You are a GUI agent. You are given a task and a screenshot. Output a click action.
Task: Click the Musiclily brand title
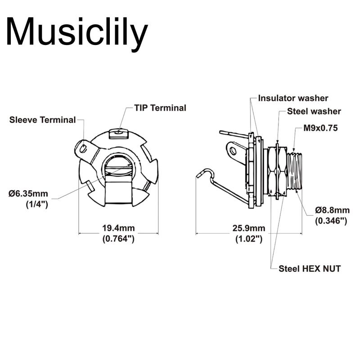77,31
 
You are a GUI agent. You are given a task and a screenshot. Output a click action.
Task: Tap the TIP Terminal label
160,108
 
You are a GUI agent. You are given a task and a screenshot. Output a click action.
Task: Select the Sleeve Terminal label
42,120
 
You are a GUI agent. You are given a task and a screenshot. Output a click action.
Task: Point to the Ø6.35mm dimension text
28,193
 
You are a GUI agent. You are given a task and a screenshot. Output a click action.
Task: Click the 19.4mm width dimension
118,228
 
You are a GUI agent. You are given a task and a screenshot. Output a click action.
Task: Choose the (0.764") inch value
118,239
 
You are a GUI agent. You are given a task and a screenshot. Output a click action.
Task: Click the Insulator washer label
293,98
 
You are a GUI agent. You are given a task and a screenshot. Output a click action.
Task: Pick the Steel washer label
314,111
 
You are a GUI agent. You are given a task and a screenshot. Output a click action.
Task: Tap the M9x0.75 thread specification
320,128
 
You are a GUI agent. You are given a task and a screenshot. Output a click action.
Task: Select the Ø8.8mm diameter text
332,210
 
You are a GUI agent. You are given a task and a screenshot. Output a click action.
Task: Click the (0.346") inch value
331,220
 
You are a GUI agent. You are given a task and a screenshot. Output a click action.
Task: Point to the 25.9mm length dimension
249,228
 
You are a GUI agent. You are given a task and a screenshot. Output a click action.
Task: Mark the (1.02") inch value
249,239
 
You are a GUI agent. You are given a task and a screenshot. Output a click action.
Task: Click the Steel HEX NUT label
310,269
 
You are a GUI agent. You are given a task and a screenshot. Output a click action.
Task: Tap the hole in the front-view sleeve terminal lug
83,149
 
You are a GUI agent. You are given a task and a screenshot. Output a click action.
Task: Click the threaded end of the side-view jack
294,171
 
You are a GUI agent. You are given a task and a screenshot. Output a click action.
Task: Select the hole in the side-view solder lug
233,151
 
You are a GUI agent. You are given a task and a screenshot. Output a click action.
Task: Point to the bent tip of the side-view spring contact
199,175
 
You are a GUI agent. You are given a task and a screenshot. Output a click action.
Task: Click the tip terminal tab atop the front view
118,133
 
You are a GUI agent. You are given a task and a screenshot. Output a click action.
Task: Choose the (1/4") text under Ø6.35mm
37,204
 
